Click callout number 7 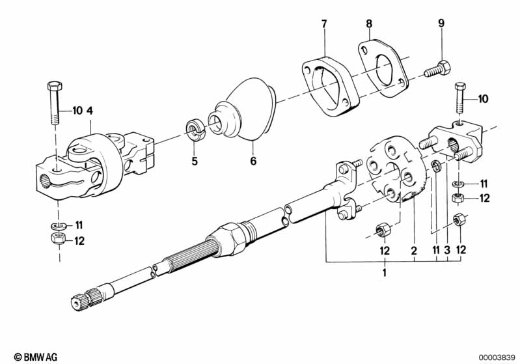(323, 24)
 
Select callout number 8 (369, 24)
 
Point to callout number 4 (90, 111)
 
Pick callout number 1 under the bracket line (384, 272)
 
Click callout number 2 (413, 249)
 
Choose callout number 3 (447, 249)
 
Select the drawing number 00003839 (497, 356)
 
